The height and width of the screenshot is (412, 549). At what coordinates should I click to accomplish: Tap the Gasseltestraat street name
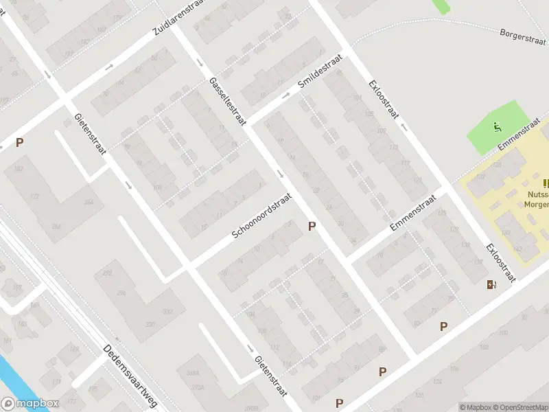pyautogui.click(x=228, y=101)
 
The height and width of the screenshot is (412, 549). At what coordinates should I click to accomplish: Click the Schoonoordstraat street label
pyautogui.click(x=261, y=216)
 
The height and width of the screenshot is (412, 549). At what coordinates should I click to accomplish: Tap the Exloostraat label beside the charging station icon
pyautogui.click(x=500, y=262)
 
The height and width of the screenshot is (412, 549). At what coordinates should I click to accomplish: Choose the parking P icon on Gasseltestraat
pyautogui.click(x=312, y=226)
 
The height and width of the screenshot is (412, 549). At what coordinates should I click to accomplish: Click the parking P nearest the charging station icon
pyautogui.click(x=443, y=326)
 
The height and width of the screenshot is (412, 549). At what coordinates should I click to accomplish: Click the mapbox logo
pyautogui.click(x=30, y=404)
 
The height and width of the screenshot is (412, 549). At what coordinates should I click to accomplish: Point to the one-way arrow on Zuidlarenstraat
pyautogui.click(x=110, y=67)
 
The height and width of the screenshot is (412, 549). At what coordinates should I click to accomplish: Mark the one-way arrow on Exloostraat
pyautogui.click(x=403, y=126)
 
